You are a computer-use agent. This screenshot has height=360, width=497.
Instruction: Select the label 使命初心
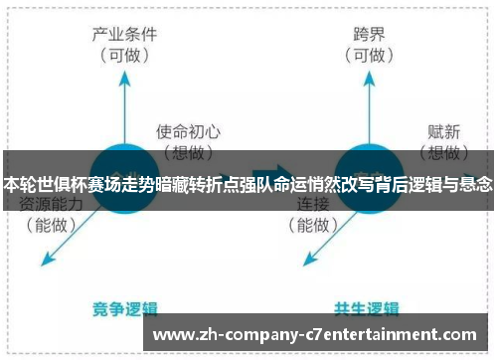tap(188, 131)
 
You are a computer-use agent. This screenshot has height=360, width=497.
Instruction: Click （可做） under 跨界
tap(368, 56)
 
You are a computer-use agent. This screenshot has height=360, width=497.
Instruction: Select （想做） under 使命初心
tap(188, 152)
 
